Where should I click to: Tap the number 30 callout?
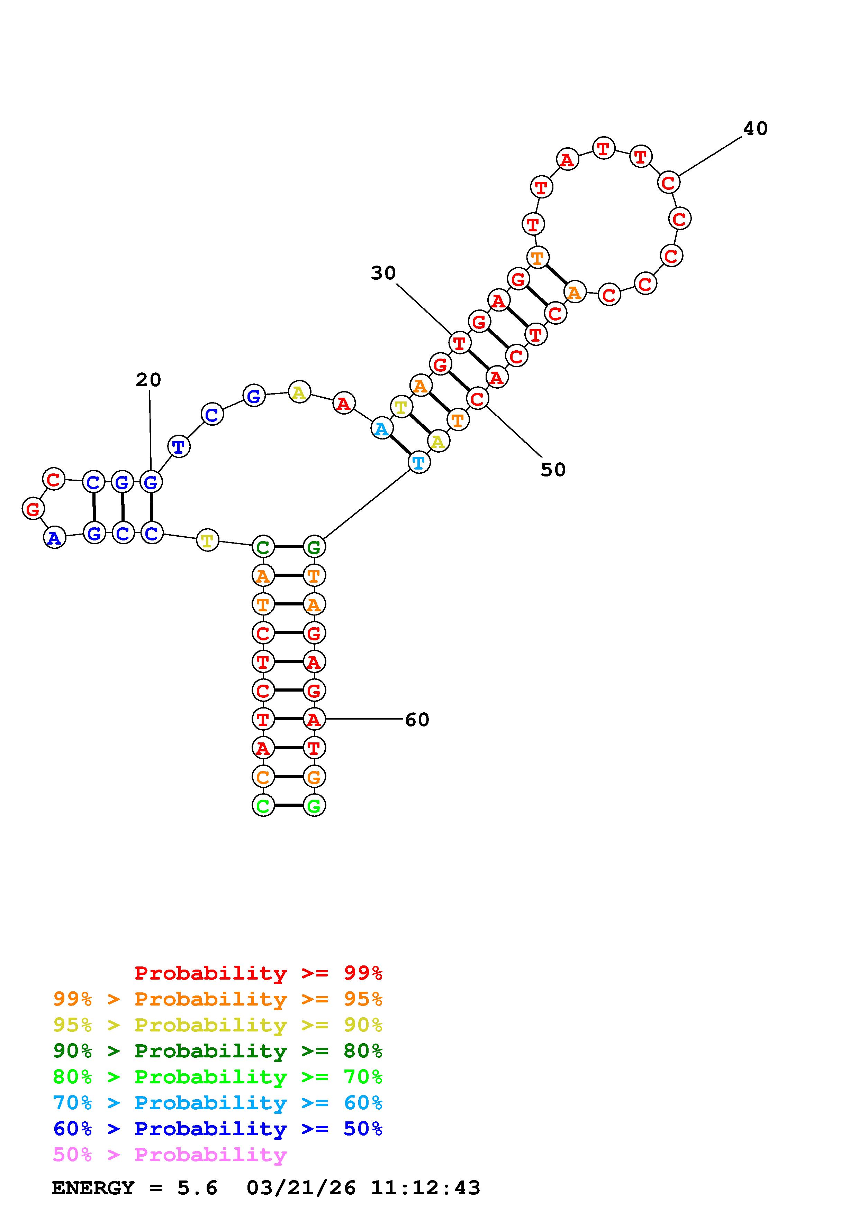point(383,273)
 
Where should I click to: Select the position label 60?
point(417,720)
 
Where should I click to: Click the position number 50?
point(553,470)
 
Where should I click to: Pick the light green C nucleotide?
point(263,806)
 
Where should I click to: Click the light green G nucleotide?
point(314,806)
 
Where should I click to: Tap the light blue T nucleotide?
point(419,463)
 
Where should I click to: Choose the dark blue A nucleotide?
point(54,538)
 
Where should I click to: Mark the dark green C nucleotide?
point(263,547)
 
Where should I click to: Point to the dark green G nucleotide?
point(314,547)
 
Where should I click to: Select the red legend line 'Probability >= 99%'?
point(259,973)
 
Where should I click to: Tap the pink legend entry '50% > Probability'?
point(170,1155)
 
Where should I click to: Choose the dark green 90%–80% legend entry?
point(218,1051)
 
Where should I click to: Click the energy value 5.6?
point(197,1188)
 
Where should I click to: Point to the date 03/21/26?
point(301,1188)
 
